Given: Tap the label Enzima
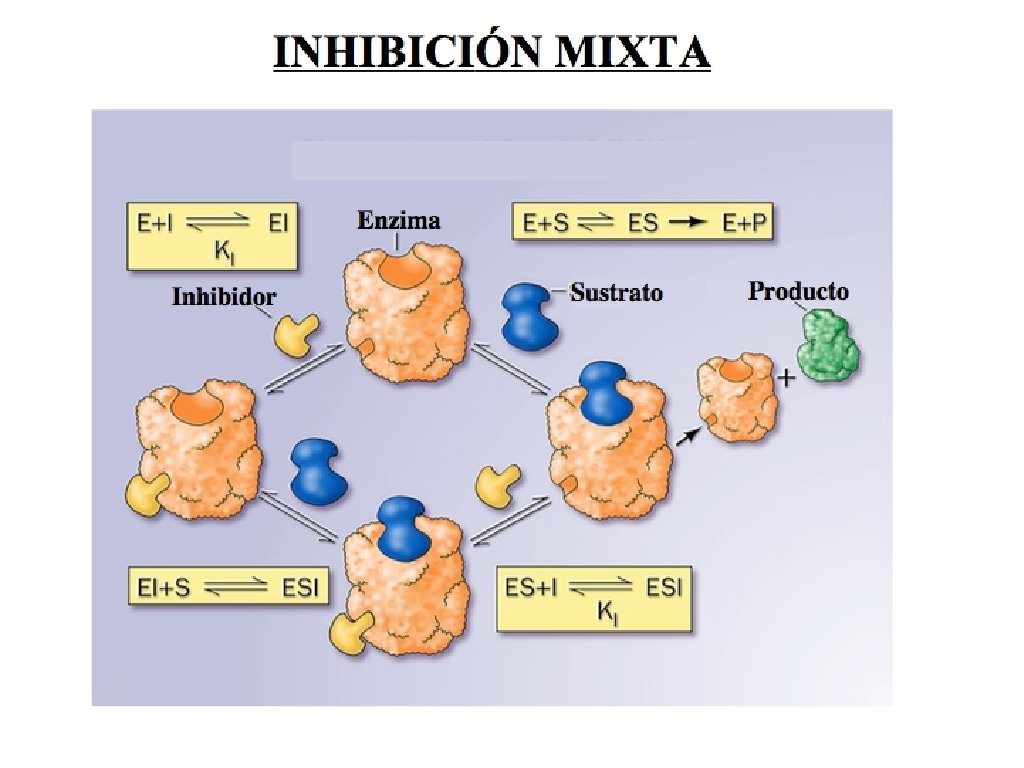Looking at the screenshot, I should point(399,220).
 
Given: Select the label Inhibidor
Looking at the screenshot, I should point(224,297).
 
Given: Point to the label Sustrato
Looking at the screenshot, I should point(616,292).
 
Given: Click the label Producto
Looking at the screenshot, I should point(798,291).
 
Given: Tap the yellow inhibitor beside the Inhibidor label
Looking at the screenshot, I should point(296,335).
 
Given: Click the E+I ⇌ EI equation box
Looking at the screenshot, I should point(212,236).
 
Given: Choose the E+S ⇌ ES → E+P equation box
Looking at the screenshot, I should point(645,224).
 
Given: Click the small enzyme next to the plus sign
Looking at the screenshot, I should point(736,399).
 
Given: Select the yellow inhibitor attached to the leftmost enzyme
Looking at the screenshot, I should point(148,492).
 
